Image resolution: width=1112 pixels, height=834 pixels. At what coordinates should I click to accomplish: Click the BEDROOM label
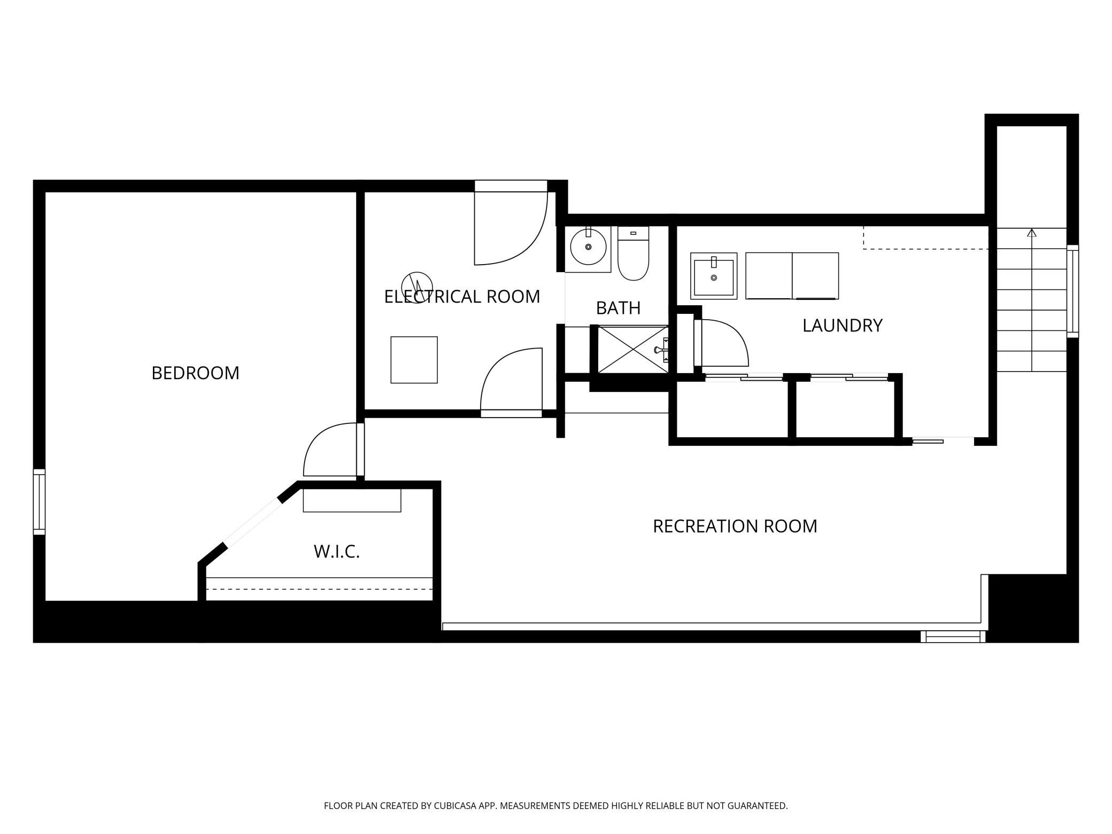(195, 373)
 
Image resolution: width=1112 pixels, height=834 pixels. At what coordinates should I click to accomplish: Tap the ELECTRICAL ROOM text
(462, 297)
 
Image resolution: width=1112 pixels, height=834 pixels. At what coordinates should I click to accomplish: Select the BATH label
(618, 308)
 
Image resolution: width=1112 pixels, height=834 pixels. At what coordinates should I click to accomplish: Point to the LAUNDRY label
(842, 326)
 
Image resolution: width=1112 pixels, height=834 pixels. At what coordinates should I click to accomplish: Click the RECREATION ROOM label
(735, 527)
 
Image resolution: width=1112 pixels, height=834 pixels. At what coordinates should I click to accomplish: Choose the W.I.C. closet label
(337, 552)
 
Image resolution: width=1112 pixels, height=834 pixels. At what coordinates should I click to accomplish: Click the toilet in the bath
(633, 253)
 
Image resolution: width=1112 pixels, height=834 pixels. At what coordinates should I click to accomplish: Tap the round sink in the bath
(588, 248)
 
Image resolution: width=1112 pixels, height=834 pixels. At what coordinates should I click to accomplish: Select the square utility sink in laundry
(714, 276)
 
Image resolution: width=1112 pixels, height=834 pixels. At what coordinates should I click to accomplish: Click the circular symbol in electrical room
(417, 288)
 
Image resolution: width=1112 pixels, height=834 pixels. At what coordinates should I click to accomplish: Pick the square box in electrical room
(414, 360)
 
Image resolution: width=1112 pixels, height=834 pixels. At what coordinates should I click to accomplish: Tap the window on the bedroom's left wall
(39, 502)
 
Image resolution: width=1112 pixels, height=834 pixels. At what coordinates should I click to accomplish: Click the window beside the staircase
(1072, 291)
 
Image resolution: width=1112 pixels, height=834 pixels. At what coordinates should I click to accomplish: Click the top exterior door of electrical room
(511, 222)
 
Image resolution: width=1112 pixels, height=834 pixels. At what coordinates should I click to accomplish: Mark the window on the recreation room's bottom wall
(953, 636)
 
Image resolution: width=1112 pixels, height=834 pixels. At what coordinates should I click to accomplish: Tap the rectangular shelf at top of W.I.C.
(352, 500)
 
